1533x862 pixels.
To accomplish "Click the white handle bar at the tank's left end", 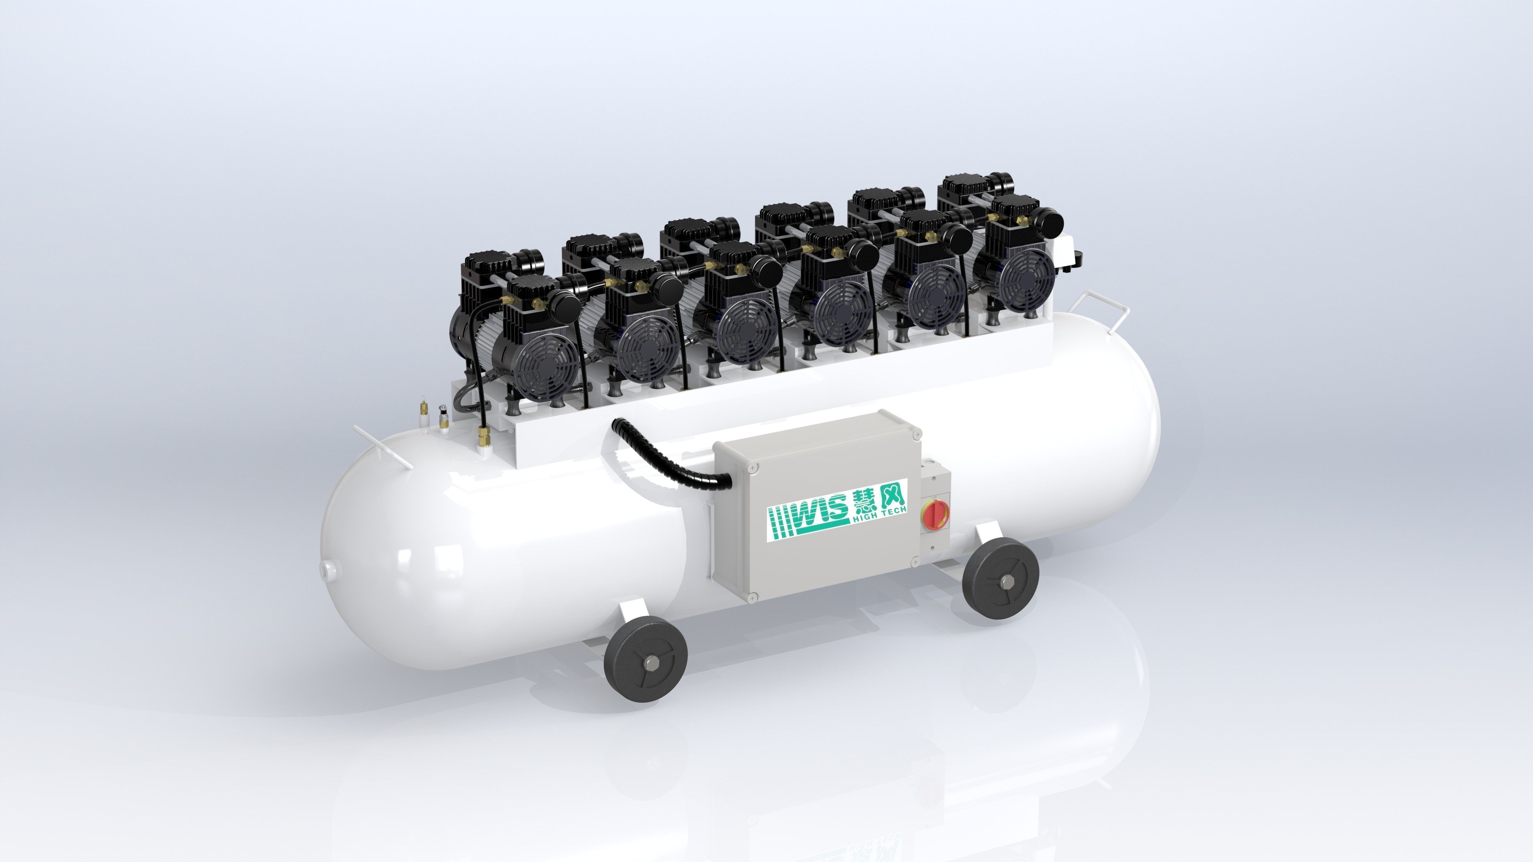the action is pos(381,446).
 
